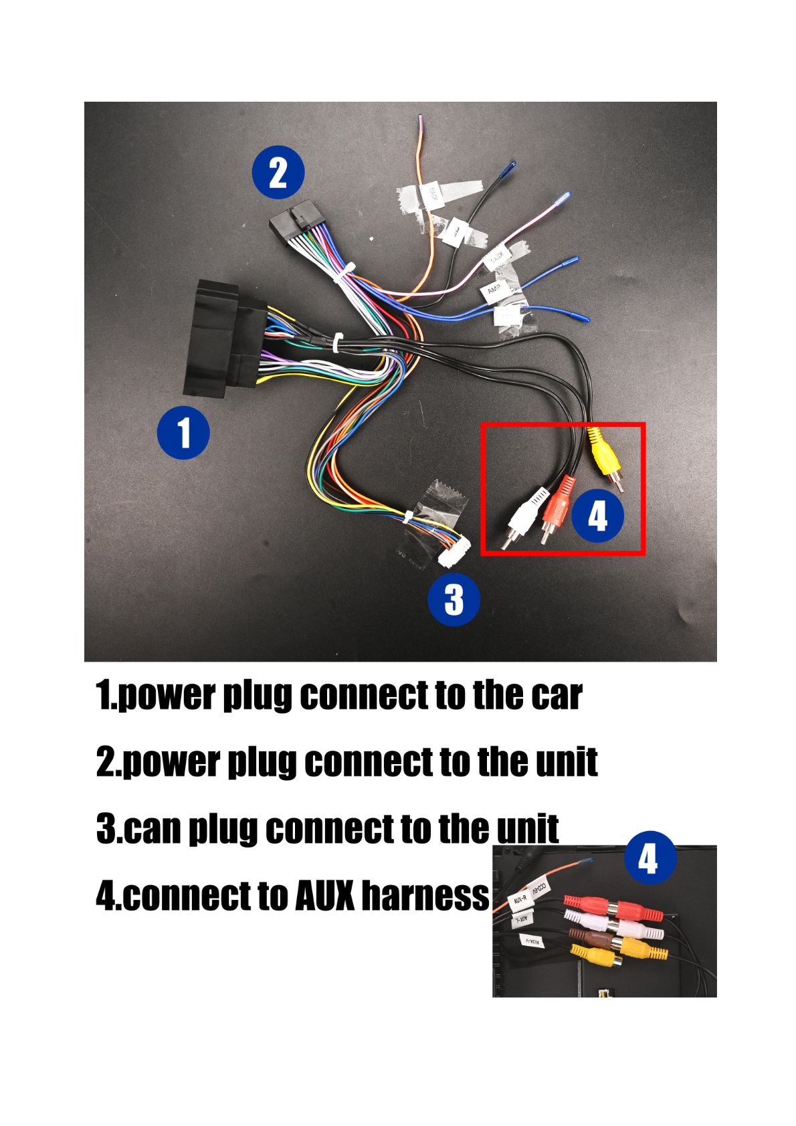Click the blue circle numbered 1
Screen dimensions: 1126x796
[183, 432]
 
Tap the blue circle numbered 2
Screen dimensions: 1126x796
[278, 172]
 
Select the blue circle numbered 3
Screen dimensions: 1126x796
[454, 599]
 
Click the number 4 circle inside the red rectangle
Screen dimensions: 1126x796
[597, 516]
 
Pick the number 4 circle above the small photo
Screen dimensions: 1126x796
[650, 857]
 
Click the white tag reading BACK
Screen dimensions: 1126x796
[432, 194]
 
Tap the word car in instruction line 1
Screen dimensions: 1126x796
[557, 696]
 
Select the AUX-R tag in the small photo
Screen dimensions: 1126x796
[520, 900]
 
